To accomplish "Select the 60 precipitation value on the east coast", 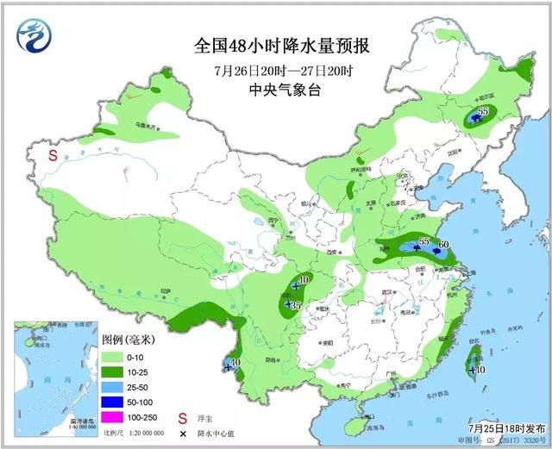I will tap(444, 246).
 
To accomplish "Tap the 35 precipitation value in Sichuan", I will tap(295, 305).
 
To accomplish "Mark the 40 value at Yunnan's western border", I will tap(234, 362).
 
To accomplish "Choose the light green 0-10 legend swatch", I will tap(113, 355).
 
